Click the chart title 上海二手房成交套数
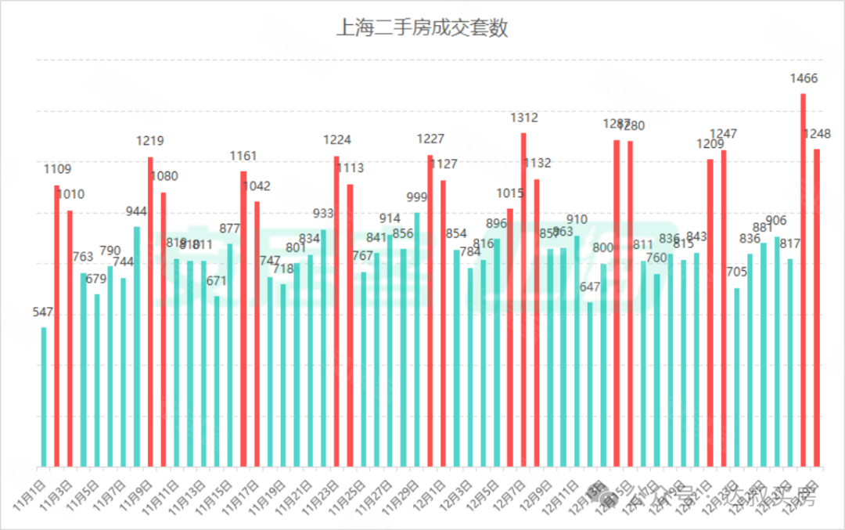pos(422,29)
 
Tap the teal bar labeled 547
pos(44,396)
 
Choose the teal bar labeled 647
pos(590,384)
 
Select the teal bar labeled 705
pos(736,377)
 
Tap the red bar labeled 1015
pos(510,337)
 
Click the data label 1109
pos(57,169)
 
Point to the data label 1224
pos(337,140)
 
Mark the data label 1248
pos(817,134)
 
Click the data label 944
pos(137,211)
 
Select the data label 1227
pos(430,139)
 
